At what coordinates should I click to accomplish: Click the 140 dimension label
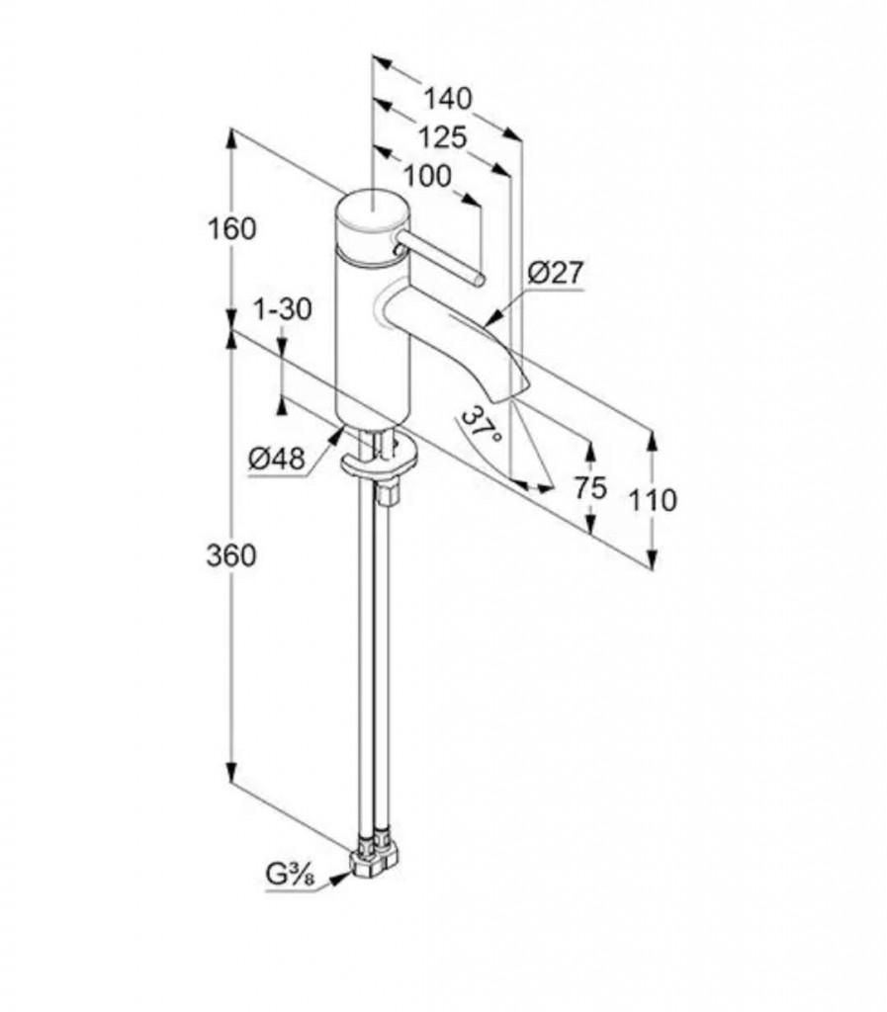pos(447,98)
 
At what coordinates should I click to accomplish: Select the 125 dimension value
pos(442,136)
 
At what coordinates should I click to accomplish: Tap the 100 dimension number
pos(427,176)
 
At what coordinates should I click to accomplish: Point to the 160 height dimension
pos(231,228)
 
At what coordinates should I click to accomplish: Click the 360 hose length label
pos(231,554)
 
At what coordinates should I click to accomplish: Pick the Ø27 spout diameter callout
pos(555,273)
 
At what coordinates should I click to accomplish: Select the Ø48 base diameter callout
pos(276,459)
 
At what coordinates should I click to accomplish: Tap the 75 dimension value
pos(590,487)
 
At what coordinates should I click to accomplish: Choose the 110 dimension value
pos(653,500)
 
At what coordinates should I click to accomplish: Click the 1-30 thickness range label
pos(282,309)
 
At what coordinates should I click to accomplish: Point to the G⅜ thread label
pos(290,876)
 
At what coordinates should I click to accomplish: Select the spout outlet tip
pos(511,390)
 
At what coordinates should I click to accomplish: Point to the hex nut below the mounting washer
pos(389,496)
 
